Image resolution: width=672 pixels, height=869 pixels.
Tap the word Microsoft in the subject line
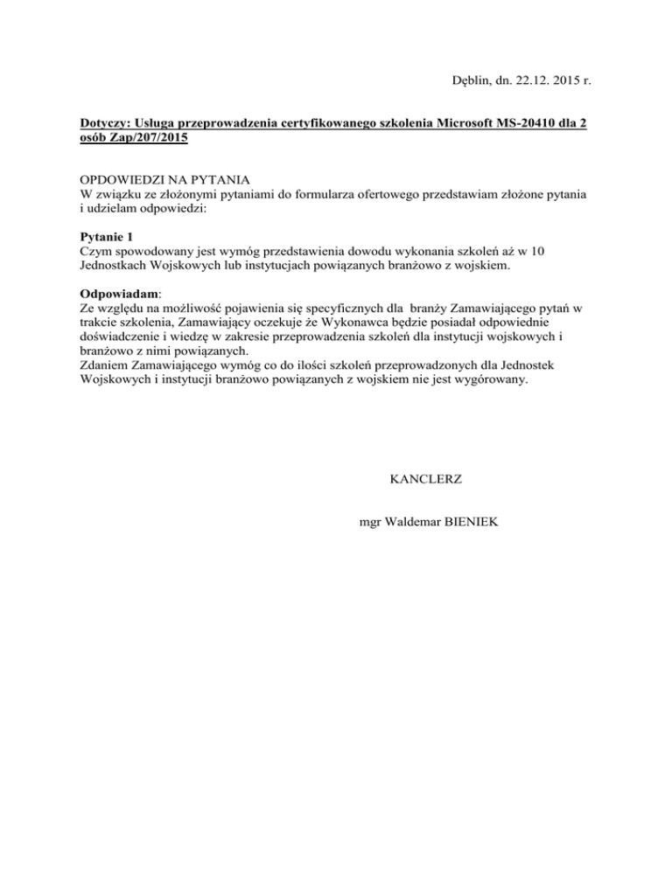441,125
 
